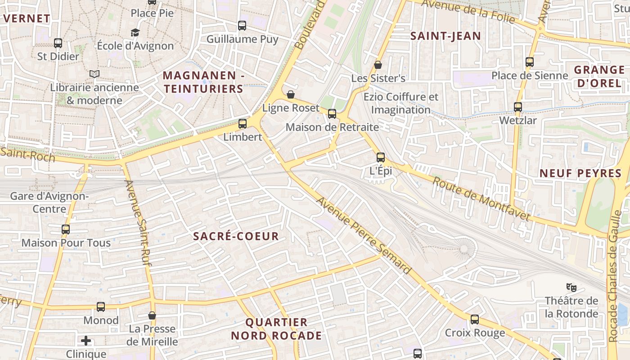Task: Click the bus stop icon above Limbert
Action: pyautogui.click(x=243, y=123)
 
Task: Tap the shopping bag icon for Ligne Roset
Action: pyautogui.click(x=291, y=94)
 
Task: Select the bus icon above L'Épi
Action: pyautogui.click(x=381, y=157)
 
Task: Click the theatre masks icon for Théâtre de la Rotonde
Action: pyautogui.click(x=571, y=287)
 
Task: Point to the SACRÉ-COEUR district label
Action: pyautogui.click(x=236, y=236)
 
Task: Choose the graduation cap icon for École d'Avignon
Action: pyautogui.click(x=135, y=32)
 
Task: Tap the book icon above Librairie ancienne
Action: pyautogui.click(x=94, y=74)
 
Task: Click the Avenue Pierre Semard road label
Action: pyautogui.click(x=364, y=236)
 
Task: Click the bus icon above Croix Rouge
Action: pyautogui.click(x=475, y=319)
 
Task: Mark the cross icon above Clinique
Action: pyautogui.click(x=86, y=340)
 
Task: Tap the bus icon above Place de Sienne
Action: pyautogui.click(x=530, y=62)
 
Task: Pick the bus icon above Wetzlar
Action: pyautogui.click(x=518, y=107)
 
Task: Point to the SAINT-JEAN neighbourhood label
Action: pyautogui.click(x=445, y=36)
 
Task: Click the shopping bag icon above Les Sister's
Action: pyautogui.click(x=378, y=65)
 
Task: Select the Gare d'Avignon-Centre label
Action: pyautogui.click(x=49, y=202)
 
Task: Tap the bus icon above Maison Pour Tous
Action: pyautogui.click(x=66, y=229)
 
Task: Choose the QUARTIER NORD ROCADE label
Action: pyautogui.click(x=276, y=329)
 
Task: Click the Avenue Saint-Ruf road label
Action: pyautogui.click(x=137, y=223)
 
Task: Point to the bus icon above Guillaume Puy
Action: pyautogui.click(x=242, y=26)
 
